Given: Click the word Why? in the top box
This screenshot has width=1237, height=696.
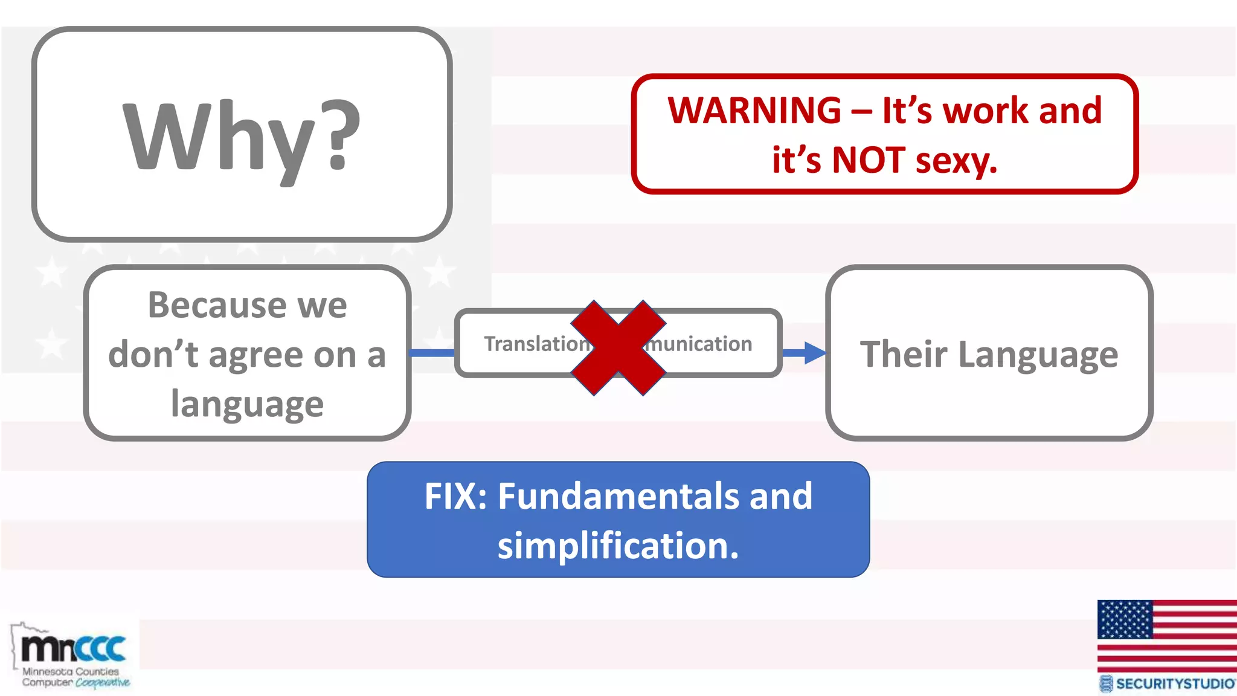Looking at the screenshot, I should (x=242, y=138).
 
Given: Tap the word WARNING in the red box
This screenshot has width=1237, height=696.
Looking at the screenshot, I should (x=754, y=111).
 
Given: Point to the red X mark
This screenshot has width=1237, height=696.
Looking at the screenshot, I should (x=618, y=347).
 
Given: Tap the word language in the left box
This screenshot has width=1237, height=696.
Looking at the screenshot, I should (x=247, y=404).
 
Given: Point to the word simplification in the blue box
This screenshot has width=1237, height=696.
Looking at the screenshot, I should (x=617, y=546).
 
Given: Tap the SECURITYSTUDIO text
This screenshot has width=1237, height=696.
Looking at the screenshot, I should (x=1174, y=684).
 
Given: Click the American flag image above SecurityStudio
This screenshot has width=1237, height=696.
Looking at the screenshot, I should (x=1166, y=635).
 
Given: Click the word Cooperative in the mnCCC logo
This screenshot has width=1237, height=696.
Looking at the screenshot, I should (x=102, y=683).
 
